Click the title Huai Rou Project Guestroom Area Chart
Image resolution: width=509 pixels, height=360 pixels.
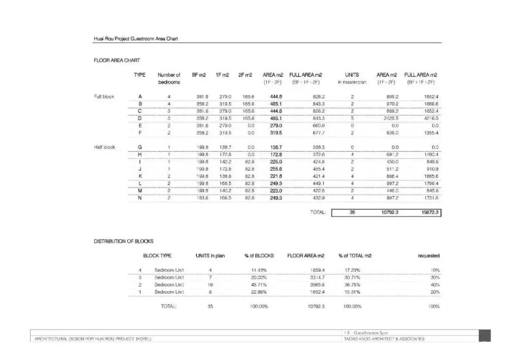point(135,39)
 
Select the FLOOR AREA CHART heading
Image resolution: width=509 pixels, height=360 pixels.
point(117,61)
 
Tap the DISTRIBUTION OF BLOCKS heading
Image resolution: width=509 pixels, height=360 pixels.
point(123,241)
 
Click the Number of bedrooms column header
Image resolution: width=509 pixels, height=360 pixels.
point(169,78)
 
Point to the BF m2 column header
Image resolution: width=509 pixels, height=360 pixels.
point(199,75)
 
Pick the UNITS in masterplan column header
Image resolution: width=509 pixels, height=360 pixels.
point(352,78)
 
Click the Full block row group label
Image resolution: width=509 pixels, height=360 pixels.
point(104,96)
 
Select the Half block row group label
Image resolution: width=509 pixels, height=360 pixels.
point(104,147)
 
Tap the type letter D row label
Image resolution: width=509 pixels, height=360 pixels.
point(140,118)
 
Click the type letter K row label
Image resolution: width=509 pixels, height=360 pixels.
point(140,176)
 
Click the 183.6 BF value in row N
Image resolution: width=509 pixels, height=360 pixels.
point(202,198)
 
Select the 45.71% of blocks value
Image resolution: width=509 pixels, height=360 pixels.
point(259,285)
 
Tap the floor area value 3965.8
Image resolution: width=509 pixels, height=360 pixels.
point(316,285)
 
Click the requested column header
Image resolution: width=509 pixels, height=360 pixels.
point(429,256)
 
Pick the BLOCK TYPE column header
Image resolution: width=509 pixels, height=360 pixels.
point(157,256)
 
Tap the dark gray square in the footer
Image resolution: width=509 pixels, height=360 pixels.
point(485,336)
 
